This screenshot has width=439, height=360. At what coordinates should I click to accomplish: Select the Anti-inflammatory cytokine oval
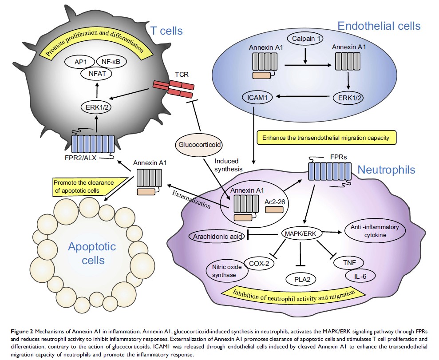coord(375,231)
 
